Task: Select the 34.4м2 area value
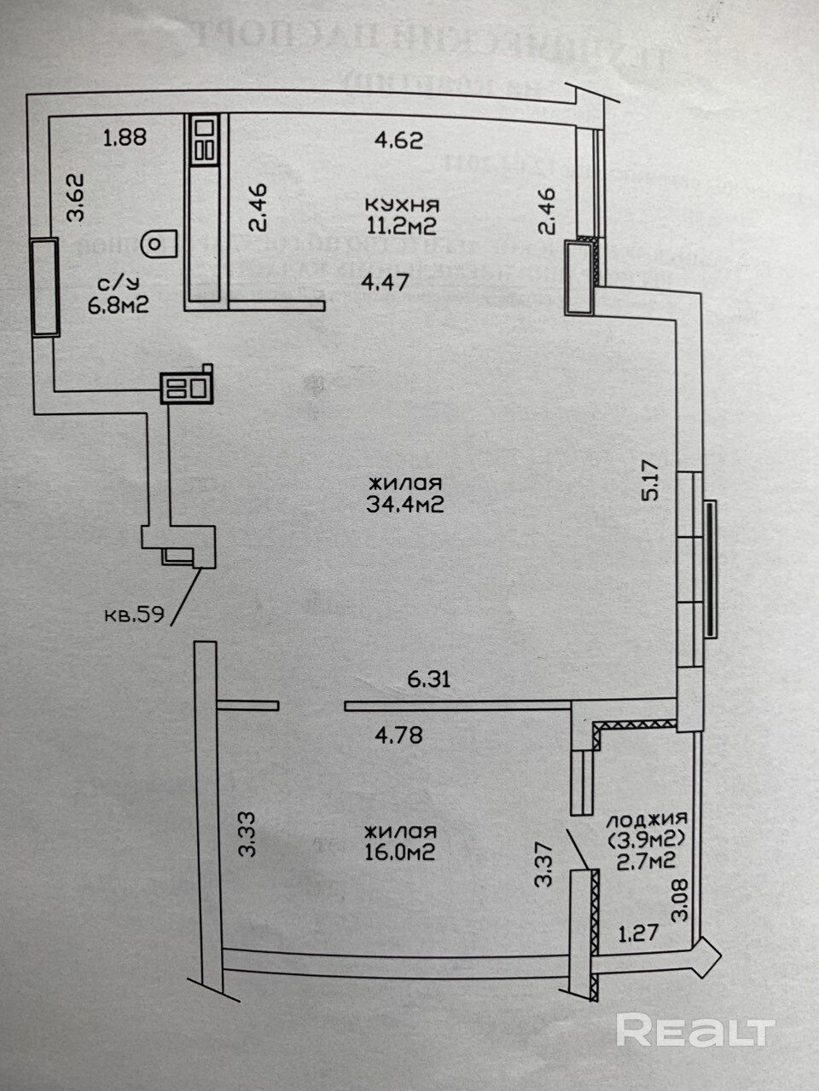(405, 505)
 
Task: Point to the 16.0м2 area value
(400, 851)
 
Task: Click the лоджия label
(647, 822)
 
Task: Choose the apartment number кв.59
(133, 614)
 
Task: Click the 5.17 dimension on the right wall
(654, 481)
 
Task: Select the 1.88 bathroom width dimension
(125, 136)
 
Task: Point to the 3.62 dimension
(77, 197)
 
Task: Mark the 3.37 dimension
(543, 864)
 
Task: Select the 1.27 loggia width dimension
(638, 932)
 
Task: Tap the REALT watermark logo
(694, 1031)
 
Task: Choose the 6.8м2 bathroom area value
(119, 305)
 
